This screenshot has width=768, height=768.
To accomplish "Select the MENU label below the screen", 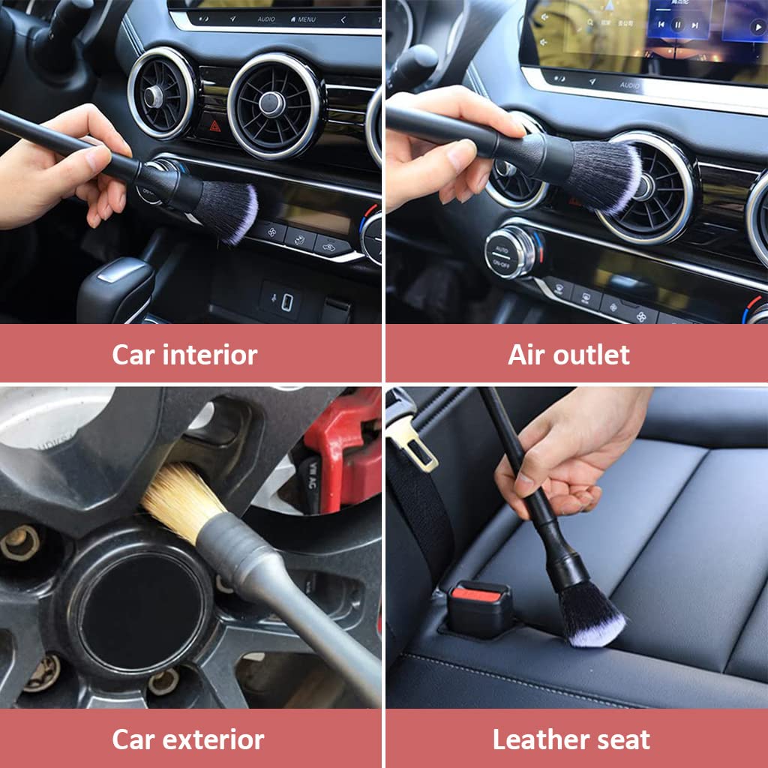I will pyautogui.click(x=303, y=19).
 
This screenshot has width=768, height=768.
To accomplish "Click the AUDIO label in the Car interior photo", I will pyautogui.click(x=265, y=19).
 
